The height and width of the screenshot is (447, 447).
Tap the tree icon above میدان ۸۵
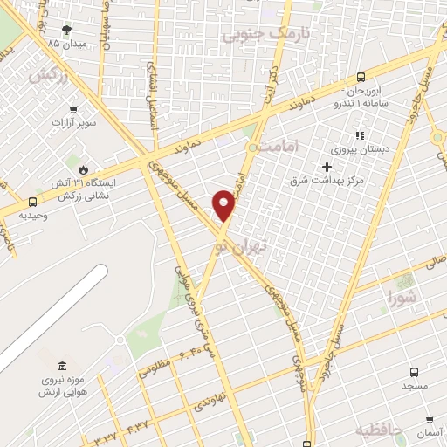coord(67,30)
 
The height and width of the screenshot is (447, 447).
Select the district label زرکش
coord(48,76)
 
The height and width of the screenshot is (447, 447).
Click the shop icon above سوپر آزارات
coord(73,110)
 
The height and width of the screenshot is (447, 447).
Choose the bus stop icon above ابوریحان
coord(361,76)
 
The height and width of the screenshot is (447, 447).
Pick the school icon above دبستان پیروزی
coord(359,135)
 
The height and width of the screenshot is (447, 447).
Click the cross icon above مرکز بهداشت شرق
coord(327,167)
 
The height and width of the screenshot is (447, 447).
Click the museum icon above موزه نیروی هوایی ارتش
coord(61,365)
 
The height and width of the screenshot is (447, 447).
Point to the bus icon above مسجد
coord(414,370)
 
